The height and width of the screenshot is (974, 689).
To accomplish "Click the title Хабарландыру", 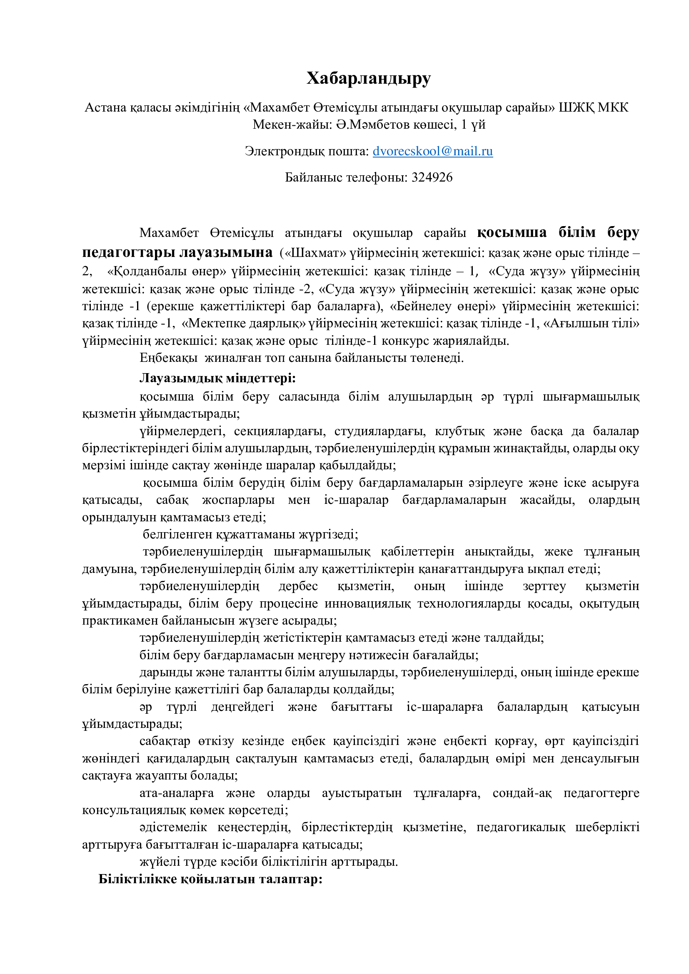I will pyautogui.click(x=368, y=78).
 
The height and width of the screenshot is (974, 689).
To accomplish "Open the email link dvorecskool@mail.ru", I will pyautogui.click(x=432, y=151).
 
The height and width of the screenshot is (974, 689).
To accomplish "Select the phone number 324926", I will pyautogui.click(x=432, y=177).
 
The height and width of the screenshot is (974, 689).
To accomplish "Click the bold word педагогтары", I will pyautogui.click(x=129, y=252).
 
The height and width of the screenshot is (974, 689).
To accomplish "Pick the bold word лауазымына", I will pyautogui.click(x=226, y=252).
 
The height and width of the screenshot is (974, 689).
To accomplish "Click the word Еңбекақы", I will pyautogui.click(x=168, y=358).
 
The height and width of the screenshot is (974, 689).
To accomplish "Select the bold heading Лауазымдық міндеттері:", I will pyautogui.click(x=217, y=378).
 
